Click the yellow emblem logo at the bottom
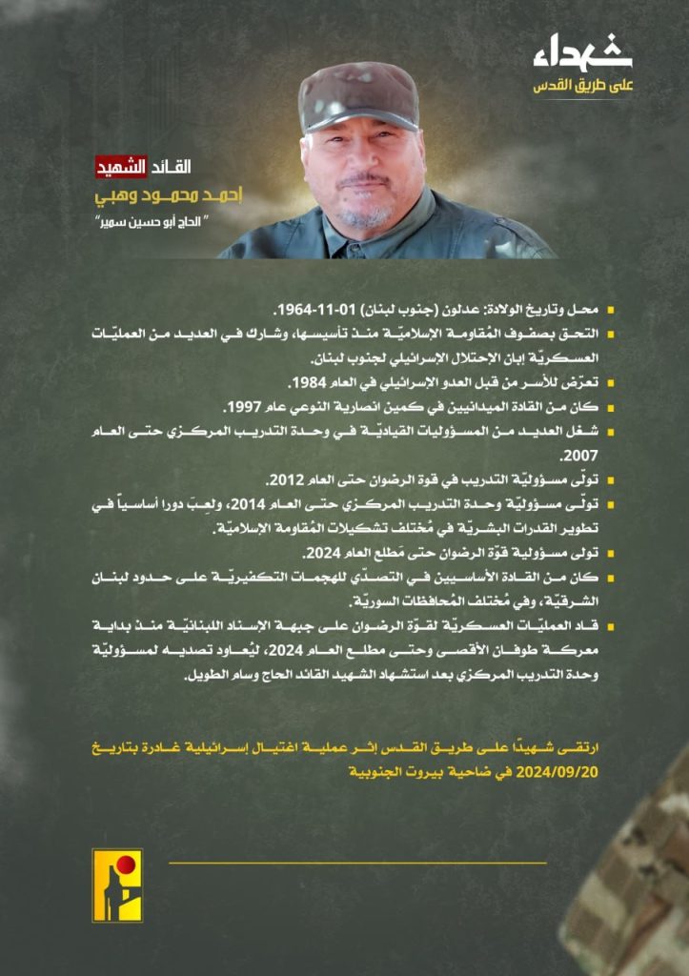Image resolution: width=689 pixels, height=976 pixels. click(x=116, y=884)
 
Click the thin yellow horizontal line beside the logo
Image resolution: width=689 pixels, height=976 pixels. click(x=357, y=863)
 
